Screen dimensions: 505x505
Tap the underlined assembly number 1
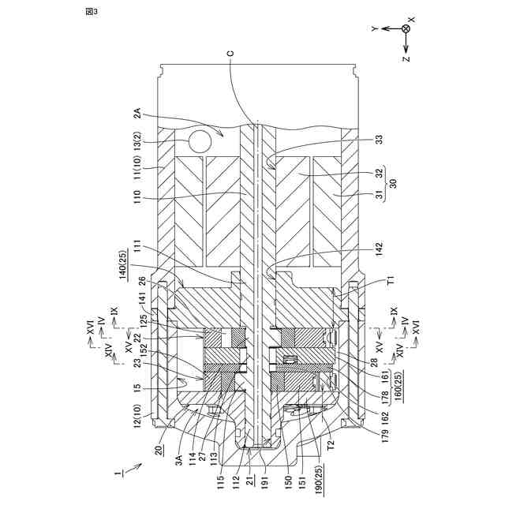(118, 473)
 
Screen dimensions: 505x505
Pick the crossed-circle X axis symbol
(406, 28)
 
